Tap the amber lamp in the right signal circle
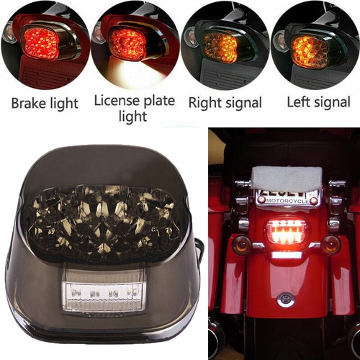coord(221,47)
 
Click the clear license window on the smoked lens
coord(105,289)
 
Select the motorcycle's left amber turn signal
coord(243,245)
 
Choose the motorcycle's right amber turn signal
coord(331,245)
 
